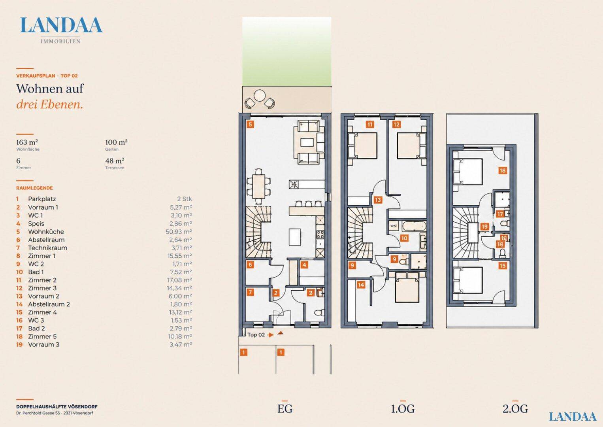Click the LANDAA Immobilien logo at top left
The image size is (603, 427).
coord(61,30)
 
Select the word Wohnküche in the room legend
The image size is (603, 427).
coord(46,232)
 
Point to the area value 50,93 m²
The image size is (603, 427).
coord(179,232)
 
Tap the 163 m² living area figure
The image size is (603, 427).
coord(27,142)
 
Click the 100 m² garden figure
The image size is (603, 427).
coord(116,142)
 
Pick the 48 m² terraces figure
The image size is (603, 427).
coord(115,161)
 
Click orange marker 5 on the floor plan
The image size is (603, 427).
coord(251,124)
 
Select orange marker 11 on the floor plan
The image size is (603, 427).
coord(370,124)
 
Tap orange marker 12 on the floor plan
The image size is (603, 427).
coord(396,124)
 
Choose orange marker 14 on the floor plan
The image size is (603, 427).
coord(361,285)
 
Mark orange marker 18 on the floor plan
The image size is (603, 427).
coord(502,170)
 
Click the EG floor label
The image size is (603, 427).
coord(285,409)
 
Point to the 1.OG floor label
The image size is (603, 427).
coord(403,409)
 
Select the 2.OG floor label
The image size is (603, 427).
coord(515,409)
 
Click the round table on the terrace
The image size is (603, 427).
coord(260,95)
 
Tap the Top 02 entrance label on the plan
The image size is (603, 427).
coord(256,334)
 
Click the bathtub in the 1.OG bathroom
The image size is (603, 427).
coord(414,226)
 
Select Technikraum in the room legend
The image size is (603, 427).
coord(48,248)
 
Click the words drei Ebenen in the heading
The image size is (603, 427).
coord(50,104)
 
